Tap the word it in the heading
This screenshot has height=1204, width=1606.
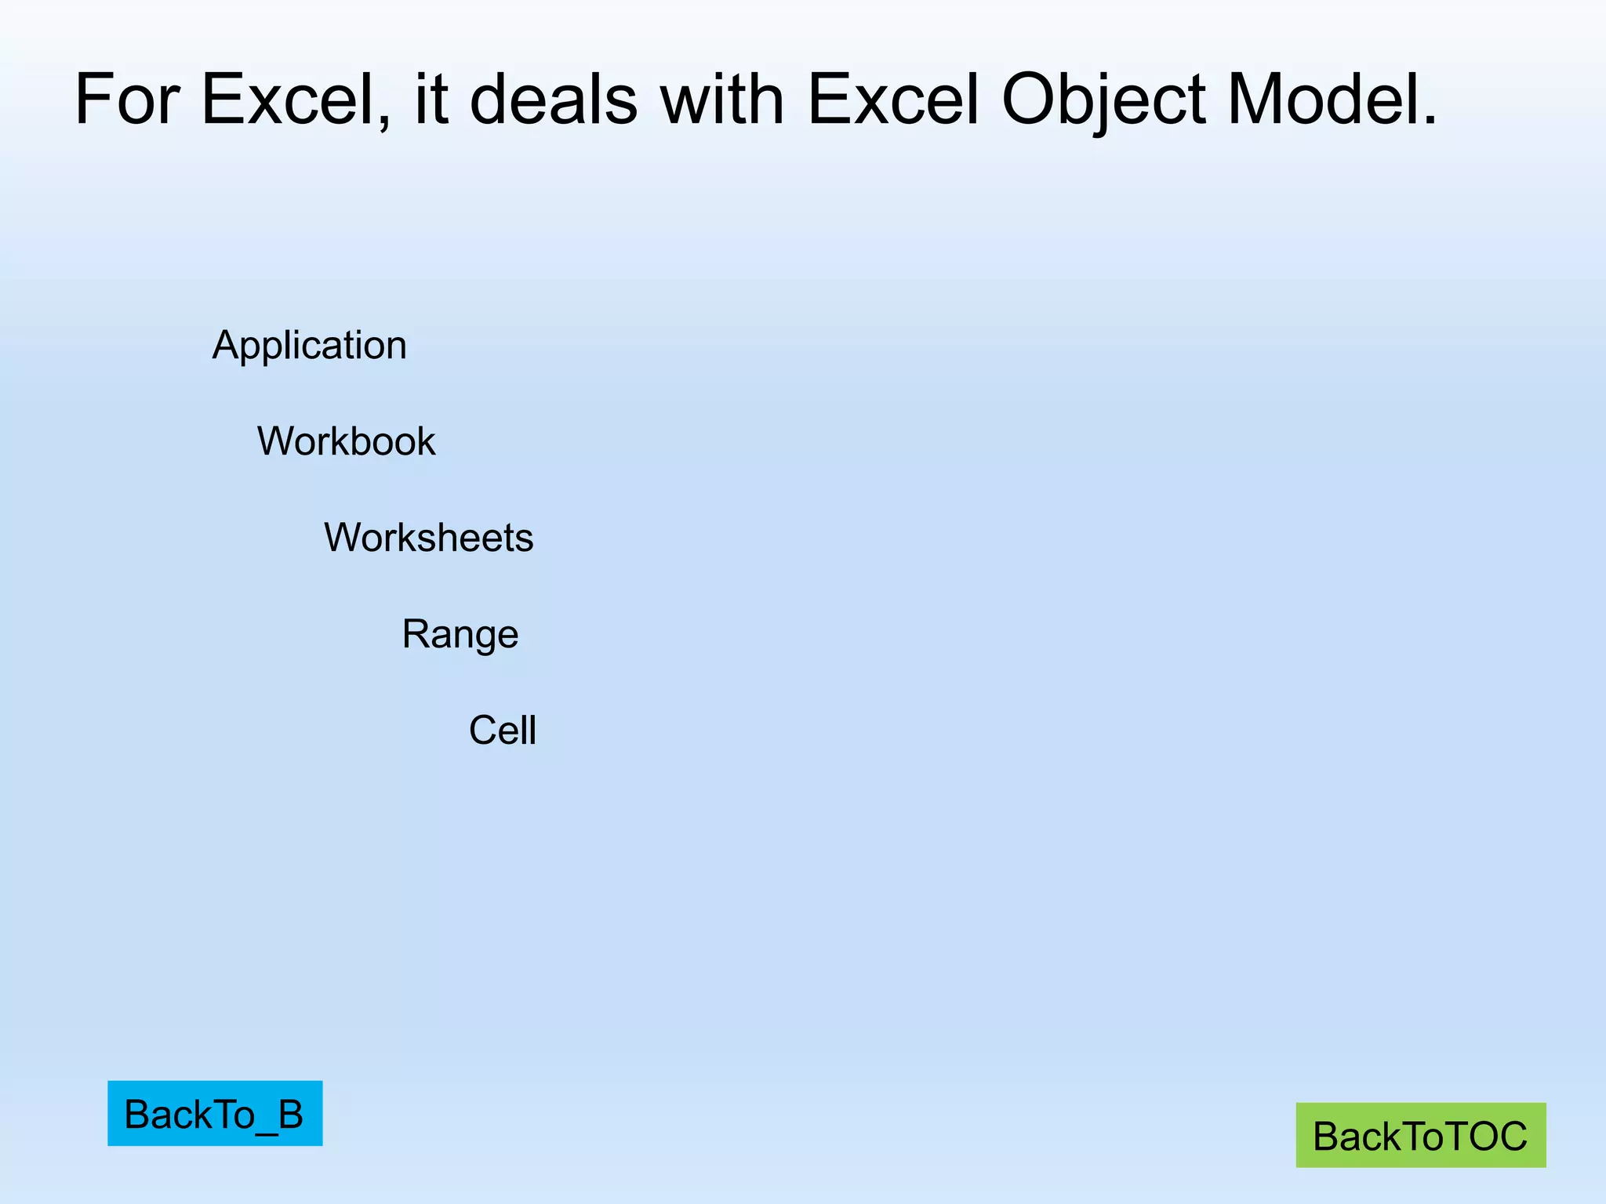coord(431,100)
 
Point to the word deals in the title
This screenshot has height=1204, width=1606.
coord(554,100)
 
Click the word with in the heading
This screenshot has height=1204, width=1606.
coord(722,100)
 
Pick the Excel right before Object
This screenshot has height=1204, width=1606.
coord(894,100)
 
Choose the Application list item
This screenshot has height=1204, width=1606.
coord(310,345)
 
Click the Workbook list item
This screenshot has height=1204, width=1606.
coord(346,441)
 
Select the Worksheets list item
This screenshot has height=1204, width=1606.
coord(429,538)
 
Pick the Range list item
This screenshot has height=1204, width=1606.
coord(460,634)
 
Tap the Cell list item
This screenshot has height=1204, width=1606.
coord(503,731)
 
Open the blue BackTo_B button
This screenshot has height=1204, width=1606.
coord(215,1113)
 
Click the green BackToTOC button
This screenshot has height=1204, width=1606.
coord(1420,1135)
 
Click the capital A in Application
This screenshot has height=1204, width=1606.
coord(225,345)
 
